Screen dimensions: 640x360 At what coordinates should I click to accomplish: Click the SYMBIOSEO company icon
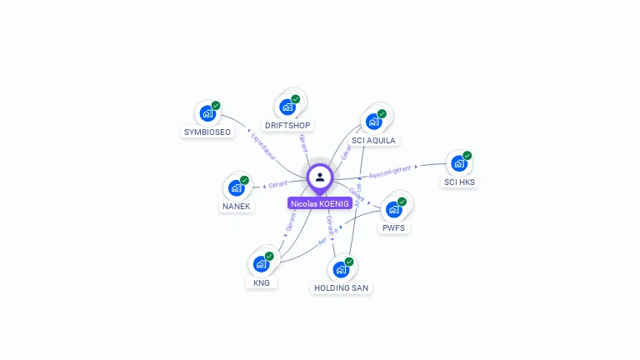coord(207,114)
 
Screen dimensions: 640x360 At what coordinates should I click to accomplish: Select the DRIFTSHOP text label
coord(287,126)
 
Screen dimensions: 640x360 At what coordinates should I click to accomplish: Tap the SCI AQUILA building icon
coord(373,122)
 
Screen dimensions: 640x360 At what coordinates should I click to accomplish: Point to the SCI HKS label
coord(460,182)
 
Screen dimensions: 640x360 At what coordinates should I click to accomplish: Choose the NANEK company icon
coord(236,187)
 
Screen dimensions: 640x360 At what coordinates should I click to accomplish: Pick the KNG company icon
coord(261,265)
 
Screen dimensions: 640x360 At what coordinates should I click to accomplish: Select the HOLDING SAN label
coord(341,287)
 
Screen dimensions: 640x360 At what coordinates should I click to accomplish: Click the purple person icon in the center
coord(320,177)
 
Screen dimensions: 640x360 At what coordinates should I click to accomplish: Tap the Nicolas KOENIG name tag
coord(320,203)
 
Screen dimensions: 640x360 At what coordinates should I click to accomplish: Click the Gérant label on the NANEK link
coord(277,183)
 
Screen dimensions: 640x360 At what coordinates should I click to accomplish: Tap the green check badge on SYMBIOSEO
coord(216,106)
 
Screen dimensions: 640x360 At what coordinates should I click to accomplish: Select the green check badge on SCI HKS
coord(467,155)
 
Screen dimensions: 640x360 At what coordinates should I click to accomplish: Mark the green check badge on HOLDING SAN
coord(349,262)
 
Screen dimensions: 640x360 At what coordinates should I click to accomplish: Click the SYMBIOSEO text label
coord(207,132)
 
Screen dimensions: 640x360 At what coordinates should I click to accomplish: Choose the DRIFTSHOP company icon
coord(287,107)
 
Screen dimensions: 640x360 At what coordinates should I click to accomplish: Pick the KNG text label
coord(262,282)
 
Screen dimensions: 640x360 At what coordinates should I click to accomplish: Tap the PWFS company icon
coord(393,209)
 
